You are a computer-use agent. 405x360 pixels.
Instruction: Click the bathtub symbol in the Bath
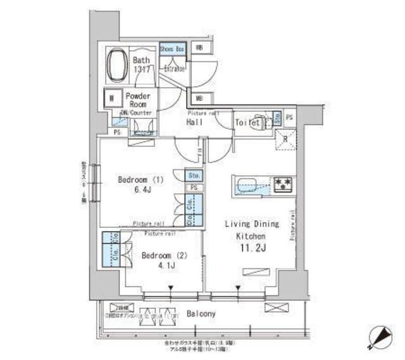[118, 66]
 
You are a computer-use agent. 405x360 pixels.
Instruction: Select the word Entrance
[175, 68]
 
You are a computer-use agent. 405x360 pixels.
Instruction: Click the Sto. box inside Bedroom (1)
[193, 175]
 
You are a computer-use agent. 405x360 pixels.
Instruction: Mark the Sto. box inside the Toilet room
[277, 117]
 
